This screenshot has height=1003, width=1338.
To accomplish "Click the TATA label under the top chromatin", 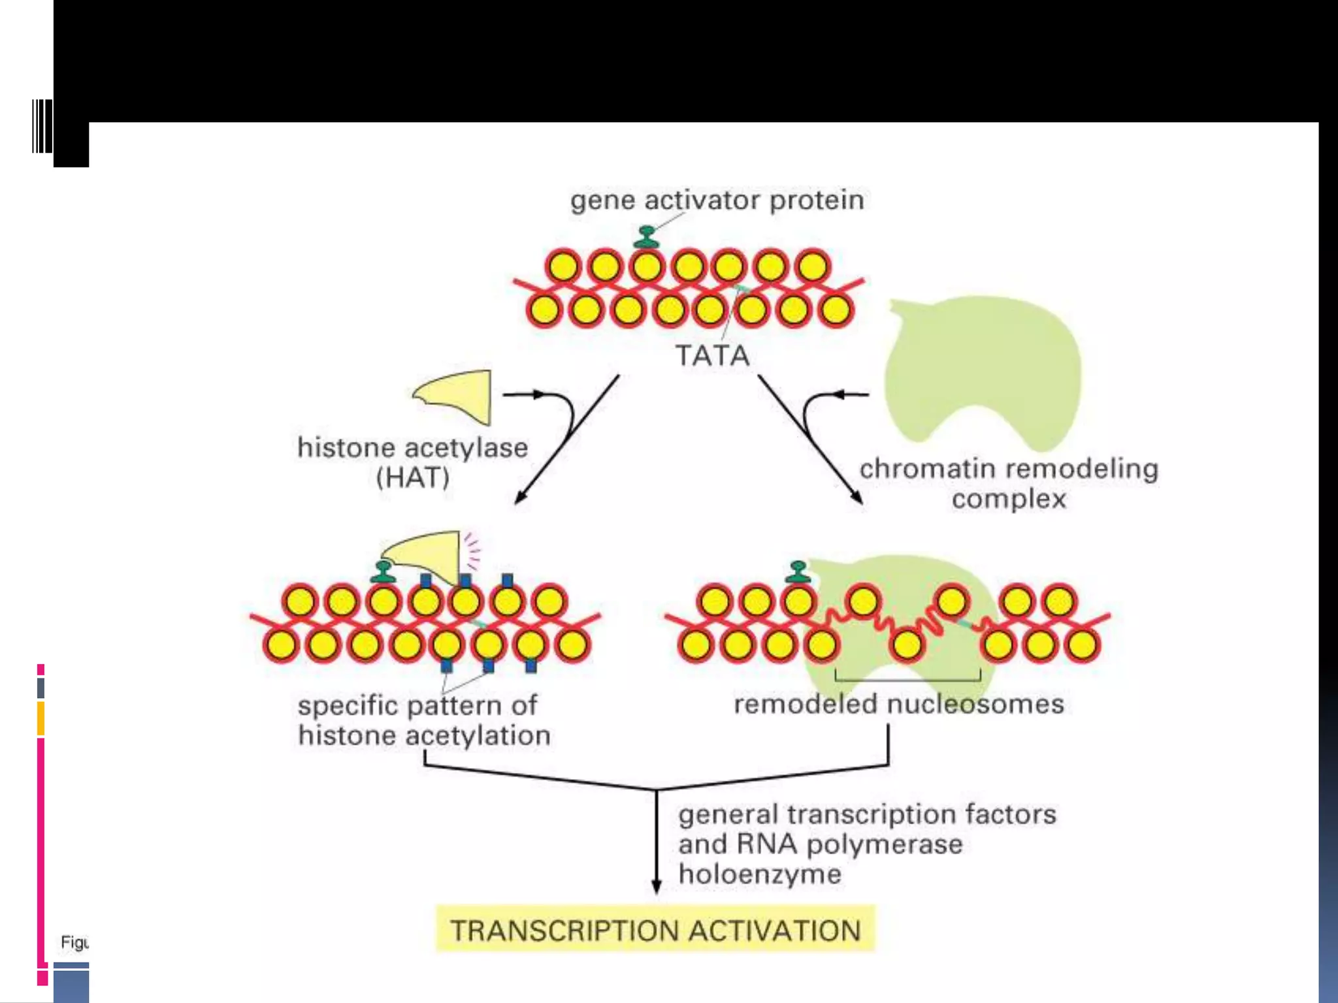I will click(x=712, y=356).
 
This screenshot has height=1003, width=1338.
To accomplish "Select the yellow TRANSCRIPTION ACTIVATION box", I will click(x=655, y=930).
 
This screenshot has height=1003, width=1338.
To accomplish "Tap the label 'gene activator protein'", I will click(x=717, y=200).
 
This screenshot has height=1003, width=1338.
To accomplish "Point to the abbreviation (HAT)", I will click(x=413, y=478).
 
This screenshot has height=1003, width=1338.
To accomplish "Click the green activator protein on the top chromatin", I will click(x=647, y=237).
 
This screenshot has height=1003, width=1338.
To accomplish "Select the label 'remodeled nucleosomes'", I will click(x=898, y=704).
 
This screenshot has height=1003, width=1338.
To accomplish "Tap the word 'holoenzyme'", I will click(x=760, y=874).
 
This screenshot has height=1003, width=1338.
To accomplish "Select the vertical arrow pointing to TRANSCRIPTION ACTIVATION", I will click(x=657, y=842).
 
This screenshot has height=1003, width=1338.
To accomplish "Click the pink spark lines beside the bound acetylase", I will click(x=472, y=550).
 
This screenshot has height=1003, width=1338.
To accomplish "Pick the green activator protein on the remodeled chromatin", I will click(x=798, y=571).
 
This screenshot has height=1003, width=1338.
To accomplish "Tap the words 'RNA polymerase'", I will click(x=849, y=844).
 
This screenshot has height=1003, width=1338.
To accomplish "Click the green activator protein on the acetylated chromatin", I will click(x=383, y=572).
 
